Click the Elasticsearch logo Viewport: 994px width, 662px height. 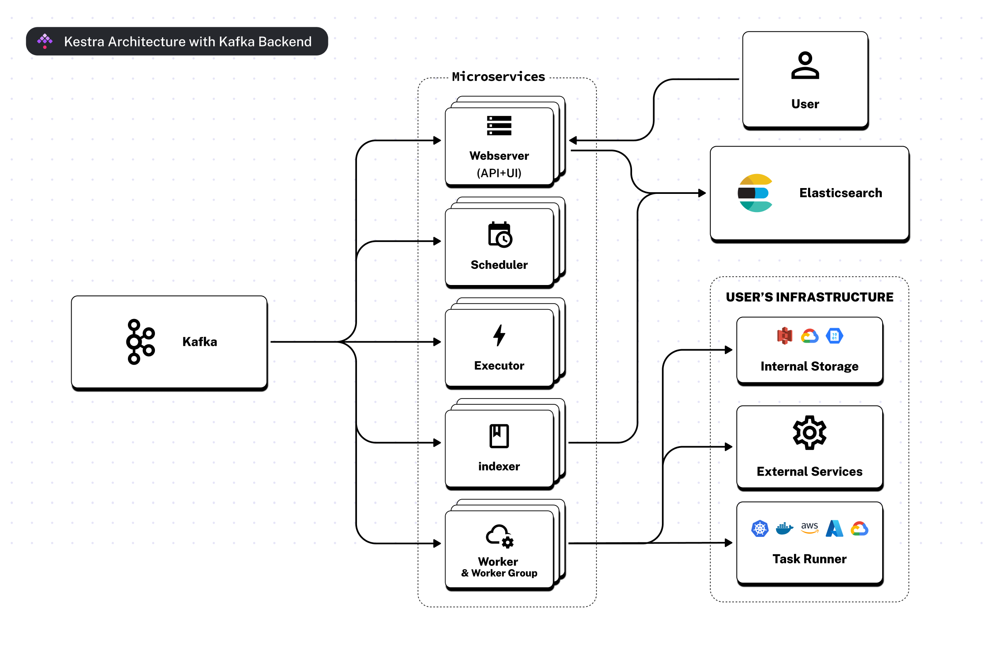[755, 193]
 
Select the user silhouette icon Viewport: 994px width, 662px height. [804, 65]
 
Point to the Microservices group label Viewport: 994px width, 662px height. [498, 76]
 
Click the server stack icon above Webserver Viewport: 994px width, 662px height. [499, 126]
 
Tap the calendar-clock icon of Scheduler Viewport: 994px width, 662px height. [499, 234]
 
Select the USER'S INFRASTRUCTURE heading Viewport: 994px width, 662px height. [809, 297]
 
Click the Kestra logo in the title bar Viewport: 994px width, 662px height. [45, 41]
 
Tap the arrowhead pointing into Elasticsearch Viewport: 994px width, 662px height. [702, 193]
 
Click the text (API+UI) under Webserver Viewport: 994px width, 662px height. [499, 173]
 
